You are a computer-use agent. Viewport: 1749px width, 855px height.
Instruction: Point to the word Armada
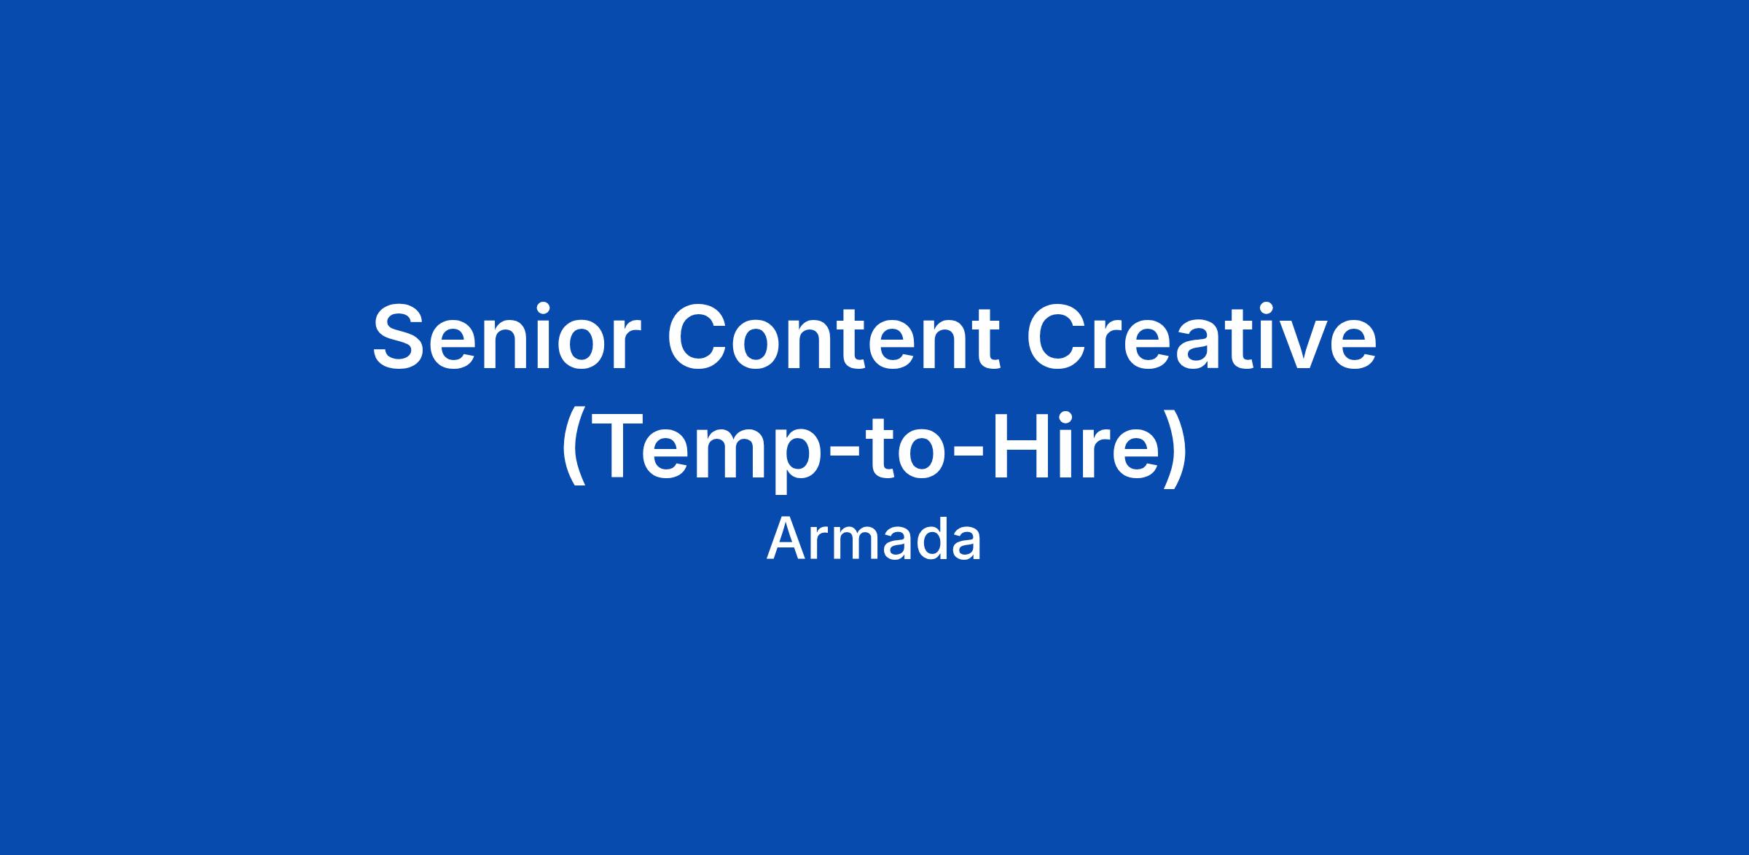(874, 539)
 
